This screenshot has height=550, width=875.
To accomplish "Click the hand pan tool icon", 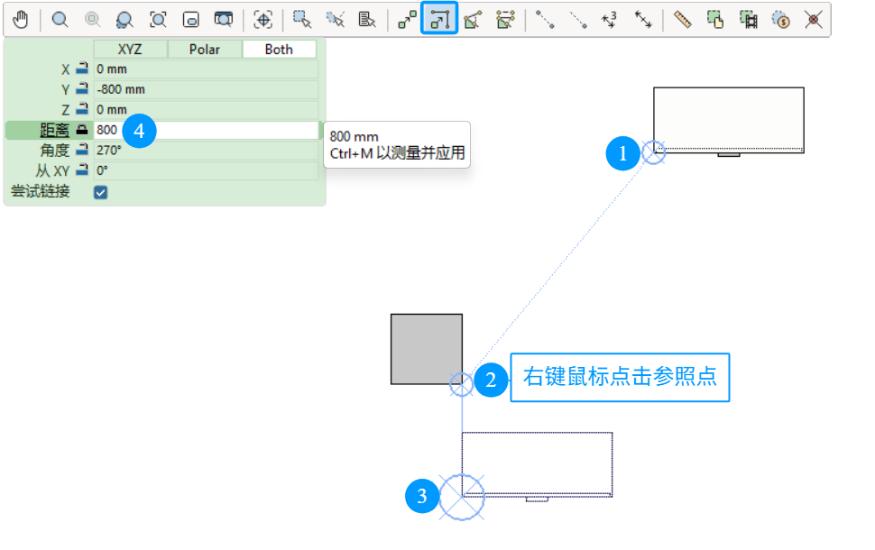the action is (21, 20).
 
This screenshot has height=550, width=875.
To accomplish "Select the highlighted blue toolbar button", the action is (439, 18).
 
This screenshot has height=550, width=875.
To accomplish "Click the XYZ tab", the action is (130, 49).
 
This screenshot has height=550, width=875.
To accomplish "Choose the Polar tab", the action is (205, 49).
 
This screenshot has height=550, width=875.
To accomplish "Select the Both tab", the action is (279, 49).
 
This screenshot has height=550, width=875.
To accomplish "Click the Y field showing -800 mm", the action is (206, 89).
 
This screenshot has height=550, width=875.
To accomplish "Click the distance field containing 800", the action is (206, 130).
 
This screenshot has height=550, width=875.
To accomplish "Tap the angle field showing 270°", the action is (206, 150).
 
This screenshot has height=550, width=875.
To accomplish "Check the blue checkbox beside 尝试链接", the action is (100, 192).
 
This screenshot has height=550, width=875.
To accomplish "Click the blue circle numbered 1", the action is (622, 153).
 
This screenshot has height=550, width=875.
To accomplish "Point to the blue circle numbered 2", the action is (491, 380).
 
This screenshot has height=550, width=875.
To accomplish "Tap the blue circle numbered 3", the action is (422, 495).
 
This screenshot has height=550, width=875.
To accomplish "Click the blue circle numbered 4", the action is (139, 131).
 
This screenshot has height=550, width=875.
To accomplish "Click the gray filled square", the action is (427, 349).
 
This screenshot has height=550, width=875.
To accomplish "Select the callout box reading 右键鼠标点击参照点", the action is (620, 377).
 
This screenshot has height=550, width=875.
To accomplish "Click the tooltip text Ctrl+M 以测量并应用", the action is (397, 153).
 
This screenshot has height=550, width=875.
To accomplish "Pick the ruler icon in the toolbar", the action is (683, 20).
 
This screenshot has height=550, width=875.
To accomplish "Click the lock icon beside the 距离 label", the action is (82, 130).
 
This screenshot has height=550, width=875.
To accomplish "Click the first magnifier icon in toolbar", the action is (60, 20).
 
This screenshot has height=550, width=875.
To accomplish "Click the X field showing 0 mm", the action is (206, 69).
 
